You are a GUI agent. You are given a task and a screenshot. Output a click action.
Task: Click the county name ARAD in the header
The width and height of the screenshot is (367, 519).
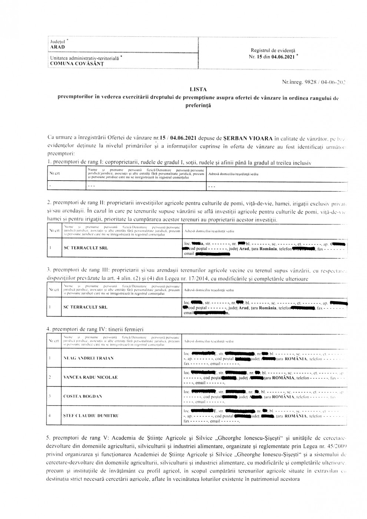[x=57, y=47]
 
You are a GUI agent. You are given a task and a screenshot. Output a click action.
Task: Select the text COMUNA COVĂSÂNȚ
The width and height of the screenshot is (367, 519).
[x=77, y=63]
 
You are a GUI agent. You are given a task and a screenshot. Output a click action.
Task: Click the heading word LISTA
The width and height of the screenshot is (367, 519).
[x=198, y=89]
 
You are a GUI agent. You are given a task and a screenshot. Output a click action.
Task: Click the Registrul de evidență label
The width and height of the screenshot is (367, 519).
[x=273, y=50]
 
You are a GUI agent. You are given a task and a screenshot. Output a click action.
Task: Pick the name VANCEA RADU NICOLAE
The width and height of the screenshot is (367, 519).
[x=90, y=377]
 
